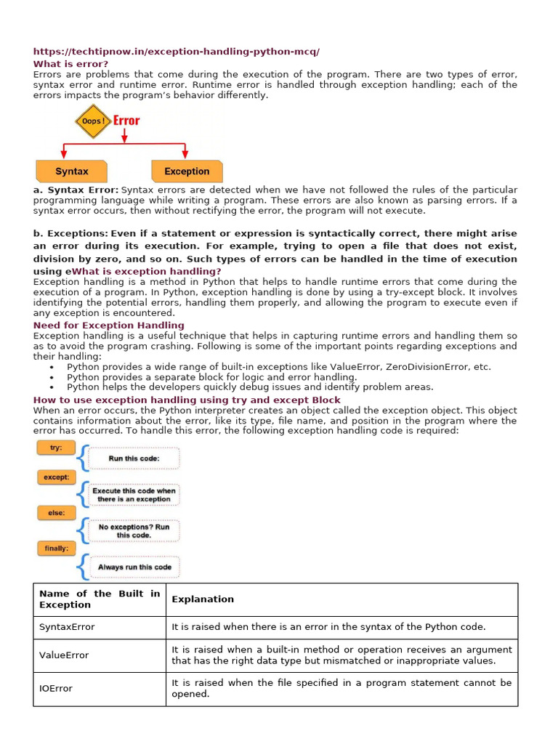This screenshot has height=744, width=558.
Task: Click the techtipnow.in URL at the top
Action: click(x=177, y=52)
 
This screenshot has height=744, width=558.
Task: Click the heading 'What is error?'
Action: click(x=70, y=64)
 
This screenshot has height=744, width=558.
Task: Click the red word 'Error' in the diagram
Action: click(x=126, y=120)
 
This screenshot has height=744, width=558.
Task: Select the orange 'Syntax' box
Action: click(x=72, y=171)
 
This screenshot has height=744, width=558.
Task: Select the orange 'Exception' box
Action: click(x=187, y=171)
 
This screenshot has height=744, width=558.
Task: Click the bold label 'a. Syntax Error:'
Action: click(x=76, y=190)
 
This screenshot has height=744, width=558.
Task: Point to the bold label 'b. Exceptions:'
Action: click(x=70, y=233)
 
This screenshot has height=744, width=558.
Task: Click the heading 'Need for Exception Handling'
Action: click(x=108, y=325)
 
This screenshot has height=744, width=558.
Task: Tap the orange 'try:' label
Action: click(x=56, y=448)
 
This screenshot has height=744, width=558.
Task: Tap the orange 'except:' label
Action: click(x=56, y=477)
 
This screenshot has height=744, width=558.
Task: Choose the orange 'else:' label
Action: click(x=56, y=513)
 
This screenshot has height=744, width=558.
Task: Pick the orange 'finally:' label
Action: click(x=56, y=549)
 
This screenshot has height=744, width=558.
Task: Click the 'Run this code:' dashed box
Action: click(x=134, y=458)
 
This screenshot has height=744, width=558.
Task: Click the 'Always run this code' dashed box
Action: click(x=134, y=567)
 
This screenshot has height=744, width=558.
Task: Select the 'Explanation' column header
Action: click(x=203, y=599)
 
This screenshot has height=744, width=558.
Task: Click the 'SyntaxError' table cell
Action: click(x=67, y=626)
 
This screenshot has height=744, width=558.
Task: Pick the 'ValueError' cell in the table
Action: click(x=64, y=655)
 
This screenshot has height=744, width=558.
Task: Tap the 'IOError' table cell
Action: click(x=56, y=688)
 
